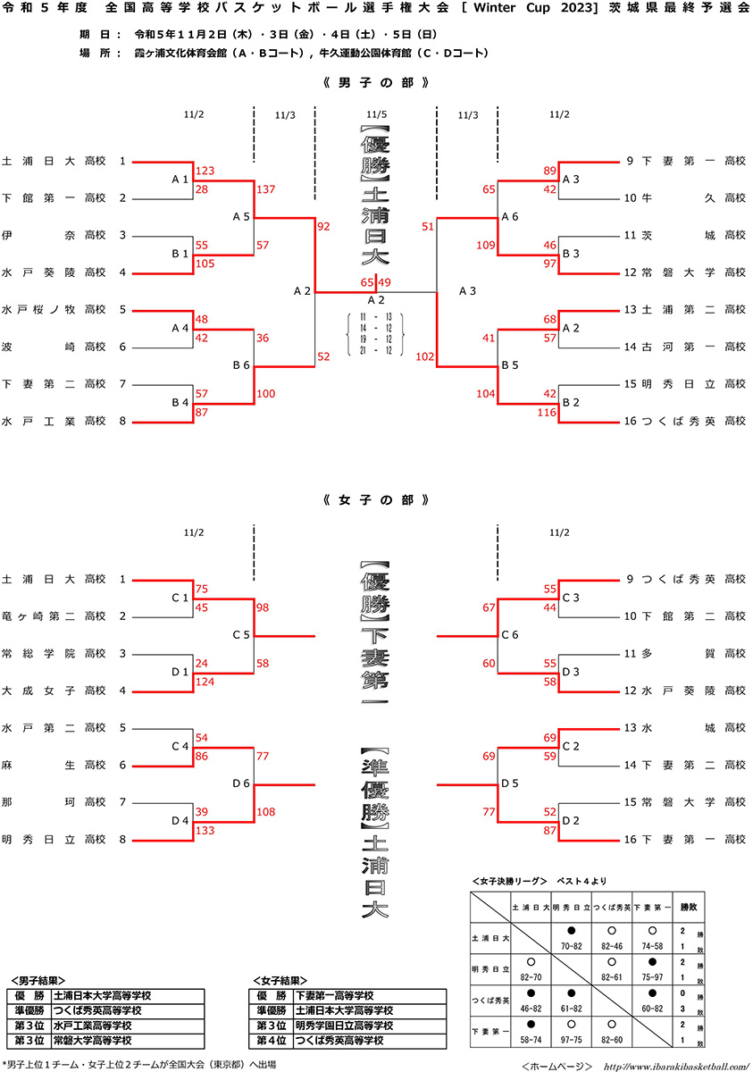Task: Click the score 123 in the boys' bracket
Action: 205,171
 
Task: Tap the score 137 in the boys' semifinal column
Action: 265,189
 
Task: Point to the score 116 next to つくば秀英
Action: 547,413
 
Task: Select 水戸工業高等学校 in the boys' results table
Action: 93,1026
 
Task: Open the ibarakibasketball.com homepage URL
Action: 675,1065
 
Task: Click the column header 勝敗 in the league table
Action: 690,906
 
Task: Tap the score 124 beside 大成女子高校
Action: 205,683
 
